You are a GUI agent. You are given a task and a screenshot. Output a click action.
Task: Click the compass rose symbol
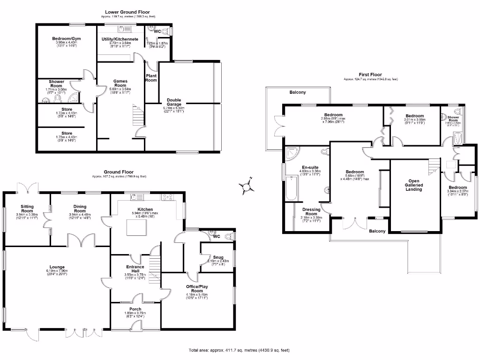point(247,187)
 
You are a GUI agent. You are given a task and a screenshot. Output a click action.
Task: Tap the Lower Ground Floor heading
point(128,12)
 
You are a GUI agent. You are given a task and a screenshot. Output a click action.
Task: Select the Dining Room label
point(79,208)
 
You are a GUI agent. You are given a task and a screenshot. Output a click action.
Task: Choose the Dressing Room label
point(311,212)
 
